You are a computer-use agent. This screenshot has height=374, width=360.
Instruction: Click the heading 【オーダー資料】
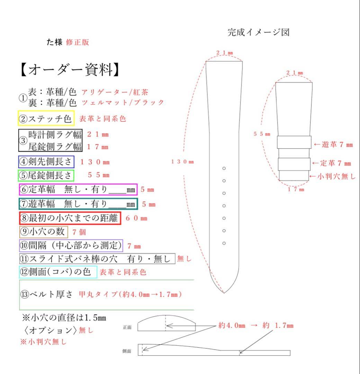point(70,70)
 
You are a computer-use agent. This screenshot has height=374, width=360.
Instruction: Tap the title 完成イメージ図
point(258,32)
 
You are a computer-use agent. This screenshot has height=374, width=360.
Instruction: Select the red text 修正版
point(78,42)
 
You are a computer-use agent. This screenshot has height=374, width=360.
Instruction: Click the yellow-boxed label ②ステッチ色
point(46,118)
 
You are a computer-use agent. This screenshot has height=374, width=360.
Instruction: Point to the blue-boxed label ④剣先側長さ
point(46,161)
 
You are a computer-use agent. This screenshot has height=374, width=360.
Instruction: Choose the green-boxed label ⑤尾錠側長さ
point(46,175)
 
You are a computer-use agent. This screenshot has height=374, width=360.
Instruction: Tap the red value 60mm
point(136,219)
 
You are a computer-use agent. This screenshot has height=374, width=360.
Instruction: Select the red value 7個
point(79,232)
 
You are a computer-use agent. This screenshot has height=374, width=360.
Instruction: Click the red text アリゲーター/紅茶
point(115,92)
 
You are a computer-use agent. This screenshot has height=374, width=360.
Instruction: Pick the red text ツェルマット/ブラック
point(123,103)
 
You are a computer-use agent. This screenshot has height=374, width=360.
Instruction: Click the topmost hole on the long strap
point(224,168)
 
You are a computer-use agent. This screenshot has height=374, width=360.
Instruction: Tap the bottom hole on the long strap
point(224,243)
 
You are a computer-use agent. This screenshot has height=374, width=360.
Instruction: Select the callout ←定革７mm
point(332,163)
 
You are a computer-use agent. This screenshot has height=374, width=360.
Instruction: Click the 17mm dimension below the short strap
point(296,189)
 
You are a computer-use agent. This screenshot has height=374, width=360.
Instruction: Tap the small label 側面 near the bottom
point(127,351)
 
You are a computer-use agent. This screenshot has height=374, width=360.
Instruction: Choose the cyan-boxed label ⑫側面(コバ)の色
point(58,272)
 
